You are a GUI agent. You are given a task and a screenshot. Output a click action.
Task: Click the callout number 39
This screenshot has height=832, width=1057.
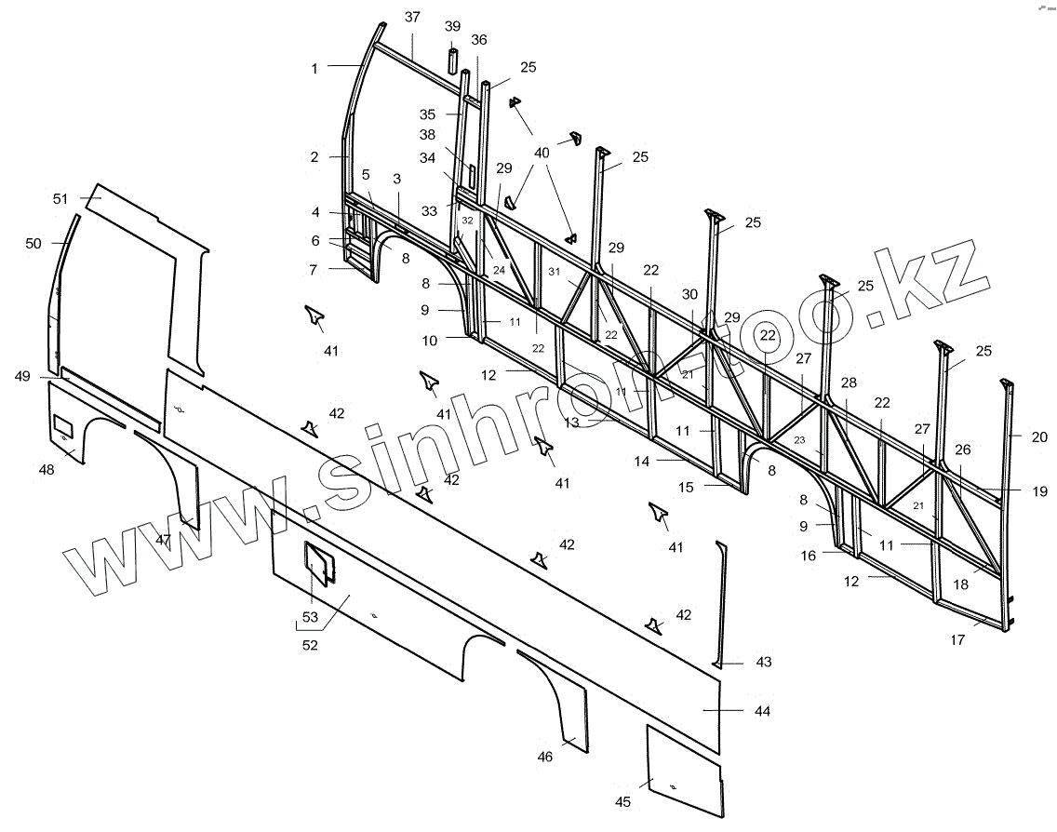[x=453, y=26]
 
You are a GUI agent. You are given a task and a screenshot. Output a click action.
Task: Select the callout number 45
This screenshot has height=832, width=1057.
[x=622, y=802]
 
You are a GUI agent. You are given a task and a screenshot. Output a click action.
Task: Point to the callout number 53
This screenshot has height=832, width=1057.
[x=310, y=618]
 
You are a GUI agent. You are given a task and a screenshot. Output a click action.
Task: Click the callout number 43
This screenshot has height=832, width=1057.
[x=763, y=663]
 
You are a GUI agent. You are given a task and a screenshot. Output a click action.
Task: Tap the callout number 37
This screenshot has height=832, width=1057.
[x=412, y=17]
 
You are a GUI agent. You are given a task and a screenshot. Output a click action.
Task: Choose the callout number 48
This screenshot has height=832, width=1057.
[x=46, y=470]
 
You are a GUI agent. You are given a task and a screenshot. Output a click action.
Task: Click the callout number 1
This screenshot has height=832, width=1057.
[x=314, y=68]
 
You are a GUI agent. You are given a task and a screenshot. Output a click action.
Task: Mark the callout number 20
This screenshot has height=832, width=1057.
[x=1039, y=436]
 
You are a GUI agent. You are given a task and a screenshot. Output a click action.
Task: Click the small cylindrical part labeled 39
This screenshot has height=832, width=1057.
[x=452, y=60]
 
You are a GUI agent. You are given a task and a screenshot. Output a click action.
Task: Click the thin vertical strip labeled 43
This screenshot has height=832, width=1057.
[x=719, y=605]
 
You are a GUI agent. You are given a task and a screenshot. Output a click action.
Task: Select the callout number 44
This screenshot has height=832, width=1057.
[x=763, y=711]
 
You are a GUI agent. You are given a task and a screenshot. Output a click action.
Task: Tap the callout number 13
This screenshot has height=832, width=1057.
[x=571, y=423]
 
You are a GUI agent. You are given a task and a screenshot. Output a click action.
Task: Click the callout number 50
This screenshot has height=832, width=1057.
[x=33, y=243]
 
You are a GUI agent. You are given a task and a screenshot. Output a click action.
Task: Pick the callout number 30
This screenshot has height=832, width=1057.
[x=689, y=294]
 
